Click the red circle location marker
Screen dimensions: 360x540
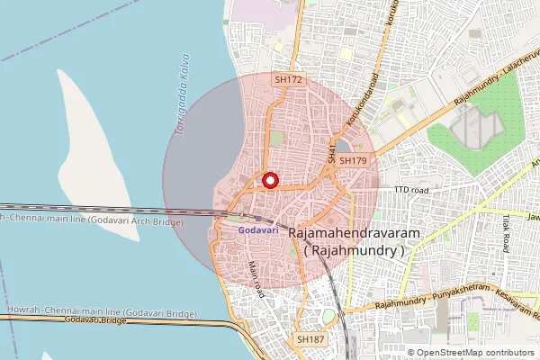(269, 180)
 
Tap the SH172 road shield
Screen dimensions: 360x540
(288, 80)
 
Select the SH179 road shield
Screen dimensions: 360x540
(354, 161)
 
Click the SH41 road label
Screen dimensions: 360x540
(332, 152)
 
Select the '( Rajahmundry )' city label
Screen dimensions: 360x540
(355, 252)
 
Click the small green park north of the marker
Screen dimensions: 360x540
(277, 139)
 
